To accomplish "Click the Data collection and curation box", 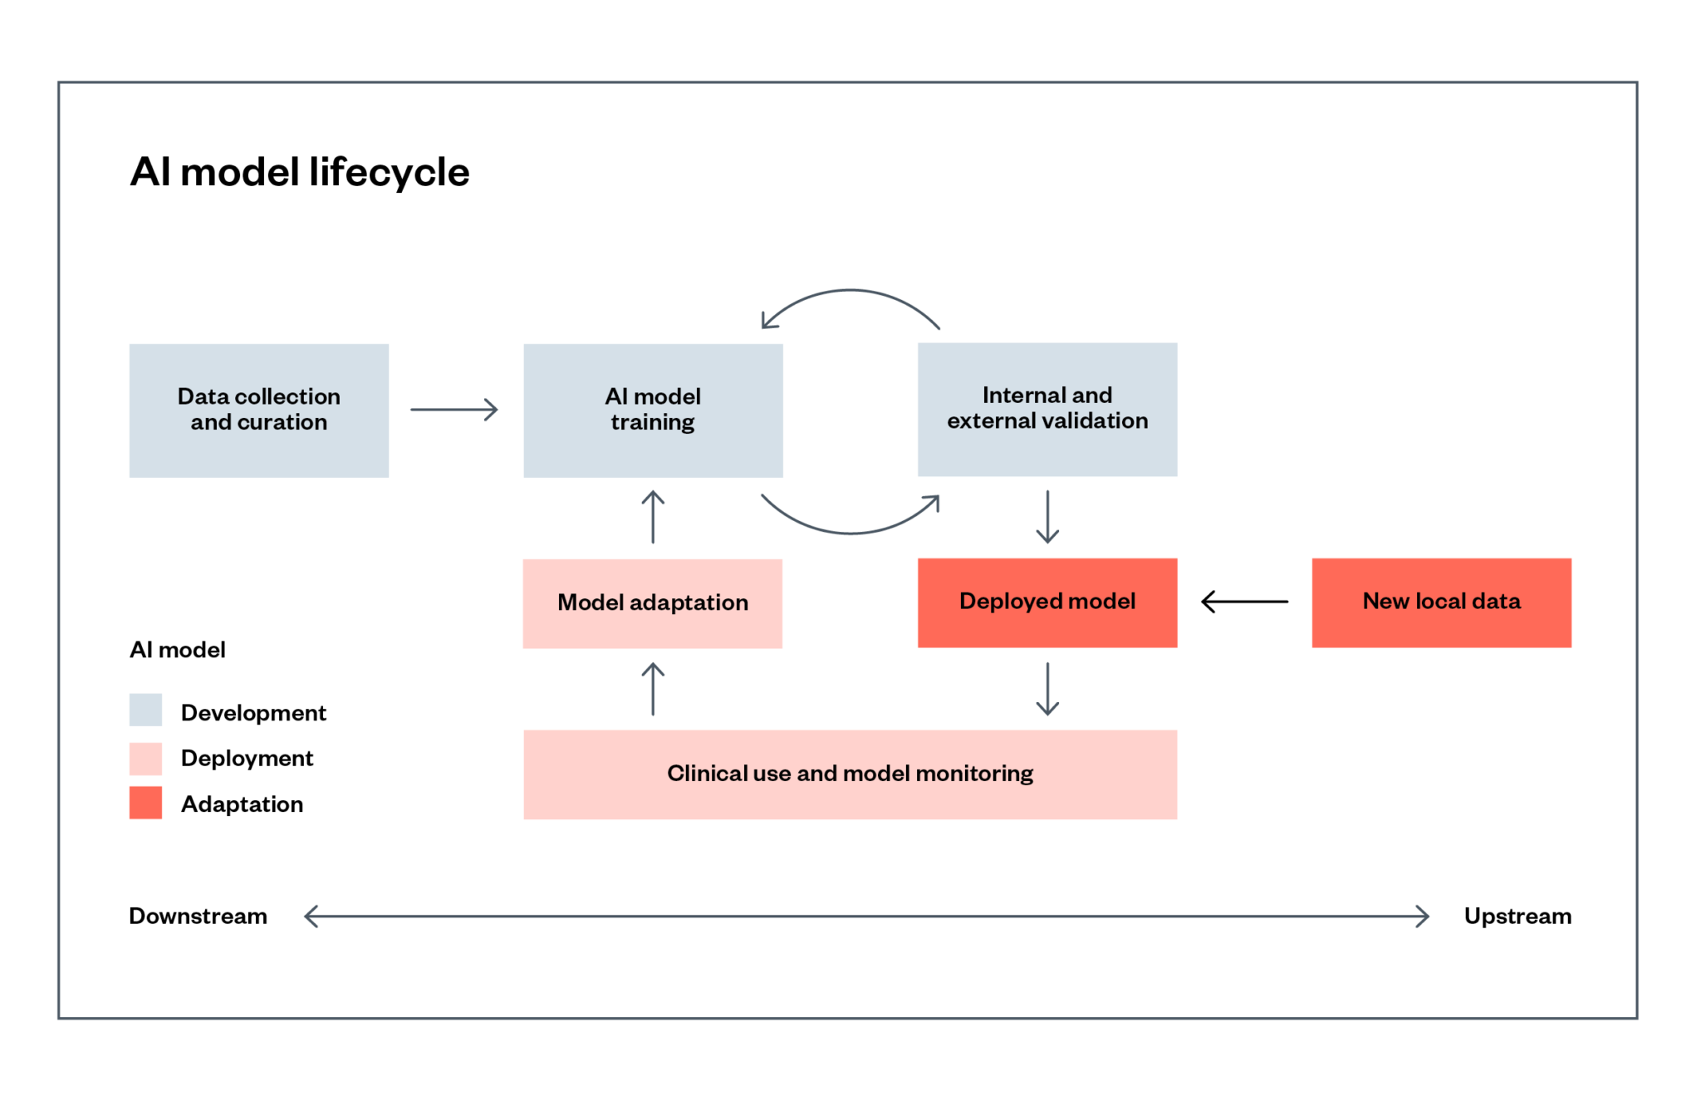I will click(x=258, y=410).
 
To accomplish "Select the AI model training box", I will click(x=653, y=410).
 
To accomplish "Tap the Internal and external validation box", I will click(x=1047, y=410).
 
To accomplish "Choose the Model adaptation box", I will click(x=652, y=603).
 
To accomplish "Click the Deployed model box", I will click(x=1047, y=602).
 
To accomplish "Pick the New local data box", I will click(x=1441, y=602).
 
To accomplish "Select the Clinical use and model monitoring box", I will click(x=850, y=774).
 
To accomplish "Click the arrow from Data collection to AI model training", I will click(x=454, y=410).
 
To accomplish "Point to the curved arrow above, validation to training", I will click(x=850, y=292).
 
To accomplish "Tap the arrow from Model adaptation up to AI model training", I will click(x=653, y=517).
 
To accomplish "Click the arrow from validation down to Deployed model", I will click(x=1047, y=517).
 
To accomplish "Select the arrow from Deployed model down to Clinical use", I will click(x=1047, y=689).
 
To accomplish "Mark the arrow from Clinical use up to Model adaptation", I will click(x=653, y=689).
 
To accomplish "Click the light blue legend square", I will click(x=145, y=710).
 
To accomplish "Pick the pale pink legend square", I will click(x=145, y=759).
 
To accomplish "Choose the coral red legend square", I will click(x=145, y=803).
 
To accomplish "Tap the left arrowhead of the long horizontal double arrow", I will click(x=311, y=917).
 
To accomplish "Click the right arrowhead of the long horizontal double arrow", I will click(x=1423, y=917).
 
